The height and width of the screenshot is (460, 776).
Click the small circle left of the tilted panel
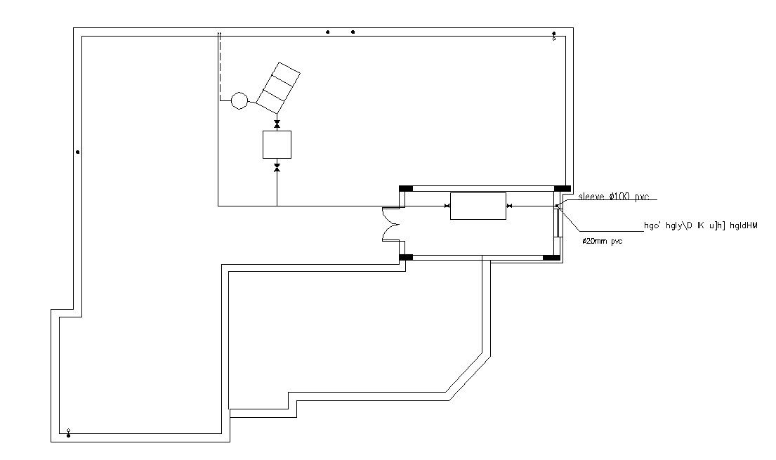click(239, 101)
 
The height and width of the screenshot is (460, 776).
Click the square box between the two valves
click(277, 145)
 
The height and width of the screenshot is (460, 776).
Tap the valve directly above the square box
click(277, 124)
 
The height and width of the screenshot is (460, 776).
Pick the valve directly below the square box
click(277, 167)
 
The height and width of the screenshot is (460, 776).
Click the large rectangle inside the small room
click(478, 206)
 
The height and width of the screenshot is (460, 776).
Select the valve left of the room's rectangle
click(447, 206)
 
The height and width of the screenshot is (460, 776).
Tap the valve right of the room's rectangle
click(509, 206)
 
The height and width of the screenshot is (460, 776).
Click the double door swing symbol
click(390, 225)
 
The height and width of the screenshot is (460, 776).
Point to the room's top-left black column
click(406, 188)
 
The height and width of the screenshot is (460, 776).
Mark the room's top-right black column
click(562, 188)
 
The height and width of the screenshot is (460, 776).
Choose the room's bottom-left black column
click(406, 258)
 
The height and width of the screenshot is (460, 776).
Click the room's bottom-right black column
click(552, 258)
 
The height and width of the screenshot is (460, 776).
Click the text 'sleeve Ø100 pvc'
click(613, 197)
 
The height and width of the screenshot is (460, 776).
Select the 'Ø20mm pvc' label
click(603, 241)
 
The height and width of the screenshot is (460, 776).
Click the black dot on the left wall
click(77, 152)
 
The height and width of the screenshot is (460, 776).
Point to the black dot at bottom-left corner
click(68, 435)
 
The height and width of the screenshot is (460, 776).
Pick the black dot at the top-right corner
click(554, 33)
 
